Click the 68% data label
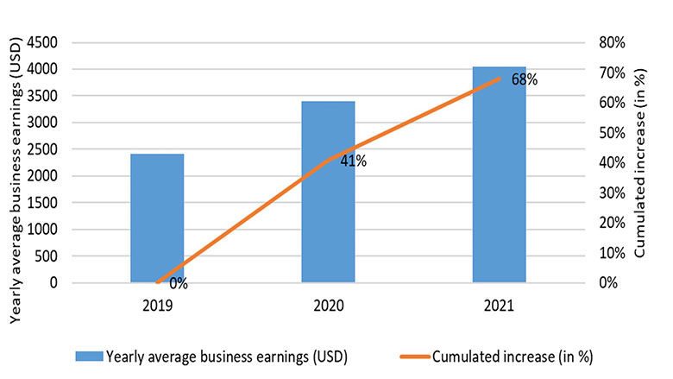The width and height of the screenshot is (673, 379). [525, 80]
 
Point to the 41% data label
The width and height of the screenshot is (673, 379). [354, 161]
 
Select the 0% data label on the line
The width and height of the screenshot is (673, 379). [179, 283]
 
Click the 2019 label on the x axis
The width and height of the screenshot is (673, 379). [157, 306]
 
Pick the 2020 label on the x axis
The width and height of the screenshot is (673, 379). [328, 306]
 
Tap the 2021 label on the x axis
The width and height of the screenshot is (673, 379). [499, 306]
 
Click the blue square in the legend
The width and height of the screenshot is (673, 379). [89, 355]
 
